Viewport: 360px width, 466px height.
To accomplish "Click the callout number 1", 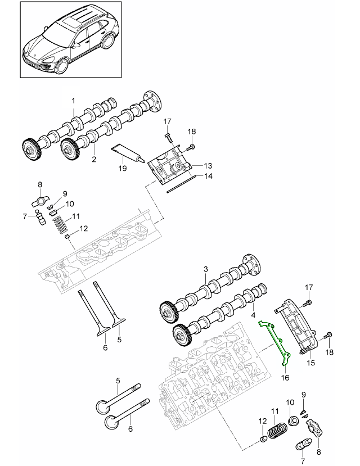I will pyautogui.click(x=73, y=101).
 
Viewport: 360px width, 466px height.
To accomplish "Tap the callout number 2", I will pyautogui.click(x=94, y=159).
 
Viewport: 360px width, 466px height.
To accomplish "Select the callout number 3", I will pyautogui.click(x=206, y=270).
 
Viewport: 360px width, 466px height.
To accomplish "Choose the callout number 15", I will pyautogui.click(x=311, y=363).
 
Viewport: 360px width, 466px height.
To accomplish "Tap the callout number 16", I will pyautogui.click(x=285, y=378).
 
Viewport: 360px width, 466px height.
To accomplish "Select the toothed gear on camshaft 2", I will pyautogui.click(x=68, y=150).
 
